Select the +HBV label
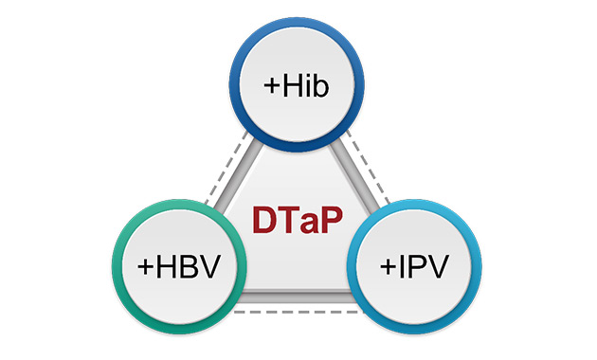pyautogui.click(x=178, y=265)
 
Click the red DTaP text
pyautogui.click(x=297, y=219)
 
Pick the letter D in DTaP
pyautogui.click(x=265, y=219)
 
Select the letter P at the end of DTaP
pyautogui.click(x=329, y=219)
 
